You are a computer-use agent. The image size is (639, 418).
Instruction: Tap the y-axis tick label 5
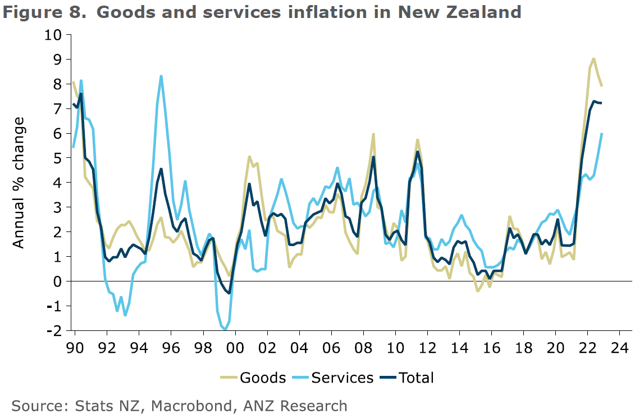click(x=58, y=158)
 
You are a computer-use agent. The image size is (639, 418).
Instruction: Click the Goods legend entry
click(x=263, y=378)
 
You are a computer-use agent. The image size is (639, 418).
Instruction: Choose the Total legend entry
click(x=417, y=378)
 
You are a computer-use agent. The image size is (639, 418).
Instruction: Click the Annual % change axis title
click(x=19, y=183)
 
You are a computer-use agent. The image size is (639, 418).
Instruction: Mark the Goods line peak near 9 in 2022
click(x=594, y=58)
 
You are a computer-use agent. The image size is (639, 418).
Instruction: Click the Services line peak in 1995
click(x=161, y=76)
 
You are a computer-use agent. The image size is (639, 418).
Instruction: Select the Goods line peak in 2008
click(x=373, y=134)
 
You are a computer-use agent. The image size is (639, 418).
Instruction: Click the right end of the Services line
click(x=602, y=133)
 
